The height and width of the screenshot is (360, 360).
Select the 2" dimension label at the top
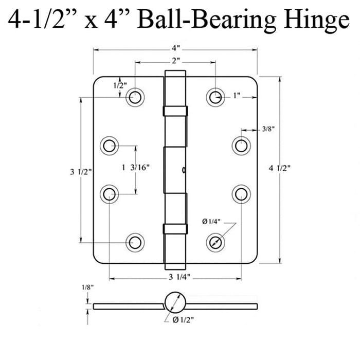(x=176, y=61)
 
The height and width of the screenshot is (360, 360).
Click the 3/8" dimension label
(x=267, y=130)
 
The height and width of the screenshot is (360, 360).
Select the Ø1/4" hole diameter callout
(x=212, y=222)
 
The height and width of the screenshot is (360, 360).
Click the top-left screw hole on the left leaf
(x=135, y=96)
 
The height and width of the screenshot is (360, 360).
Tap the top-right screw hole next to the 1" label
(x=215, y=96)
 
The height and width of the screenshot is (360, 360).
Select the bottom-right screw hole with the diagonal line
(x=215, y=241)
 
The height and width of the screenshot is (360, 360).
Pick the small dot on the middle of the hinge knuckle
(x=184, y=169)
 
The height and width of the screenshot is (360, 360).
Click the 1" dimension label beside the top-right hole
(x=237, y=96)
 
